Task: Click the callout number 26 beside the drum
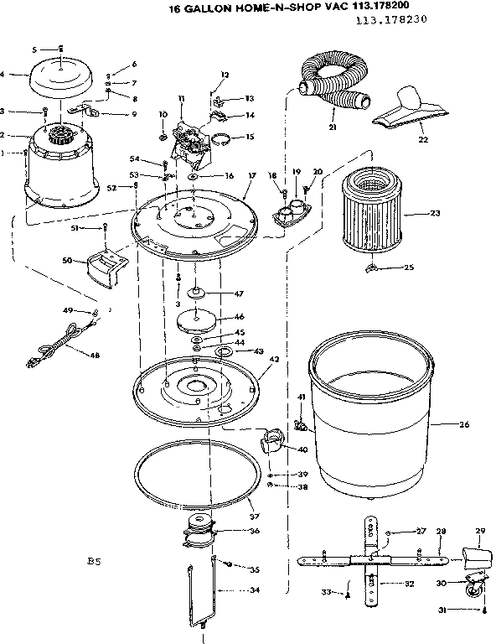pos(465,424)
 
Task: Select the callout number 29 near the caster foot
pos(480,532)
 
